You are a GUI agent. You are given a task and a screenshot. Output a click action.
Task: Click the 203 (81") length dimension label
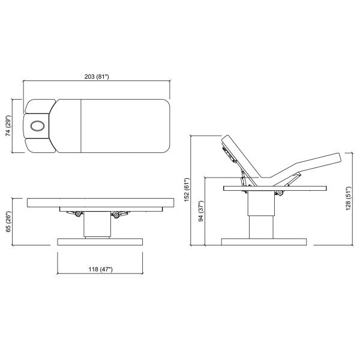point(97,76)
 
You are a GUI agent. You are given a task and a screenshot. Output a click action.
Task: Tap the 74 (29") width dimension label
point(8,126)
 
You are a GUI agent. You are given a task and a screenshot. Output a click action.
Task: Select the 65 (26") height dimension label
point(8,221)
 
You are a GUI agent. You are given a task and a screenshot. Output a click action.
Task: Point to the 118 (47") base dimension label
point(101,269)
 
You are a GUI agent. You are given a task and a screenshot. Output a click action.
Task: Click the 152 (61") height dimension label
point(187,190)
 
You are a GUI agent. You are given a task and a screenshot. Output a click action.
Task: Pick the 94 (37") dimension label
point(201,211)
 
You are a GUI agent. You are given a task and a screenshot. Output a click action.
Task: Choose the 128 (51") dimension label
point(348,198)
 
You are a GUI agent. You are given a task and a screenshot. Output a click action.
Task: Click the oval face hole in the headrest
point(37,126)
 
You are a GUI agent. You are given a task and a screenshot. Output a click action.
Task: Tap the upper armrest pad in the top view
point(40,106)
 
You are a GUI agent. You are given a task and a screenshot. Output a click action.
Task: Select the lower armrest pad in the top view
point(40,146)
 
